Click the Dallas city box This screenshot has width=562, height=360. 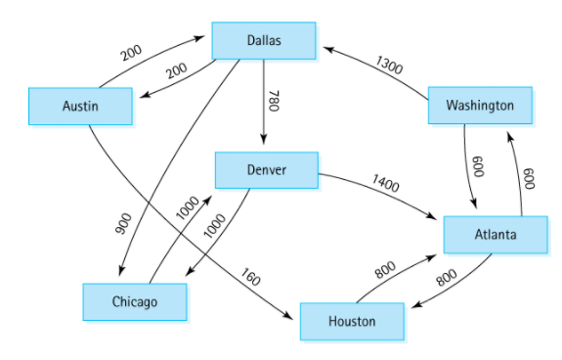(264, 40)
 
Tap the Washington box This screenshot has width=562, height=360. (479, 105)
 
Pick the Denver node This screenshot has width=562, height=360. (266, 170)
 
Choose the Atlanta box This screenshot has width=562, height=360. (496, 235)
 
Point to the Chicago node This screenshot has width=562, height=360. (134, 301)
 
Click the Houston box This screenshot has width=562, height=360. (351, 321)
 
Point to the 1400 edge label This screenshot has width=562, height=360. (386, 183)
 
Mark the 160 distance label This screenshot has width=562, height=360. (250, 278)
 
